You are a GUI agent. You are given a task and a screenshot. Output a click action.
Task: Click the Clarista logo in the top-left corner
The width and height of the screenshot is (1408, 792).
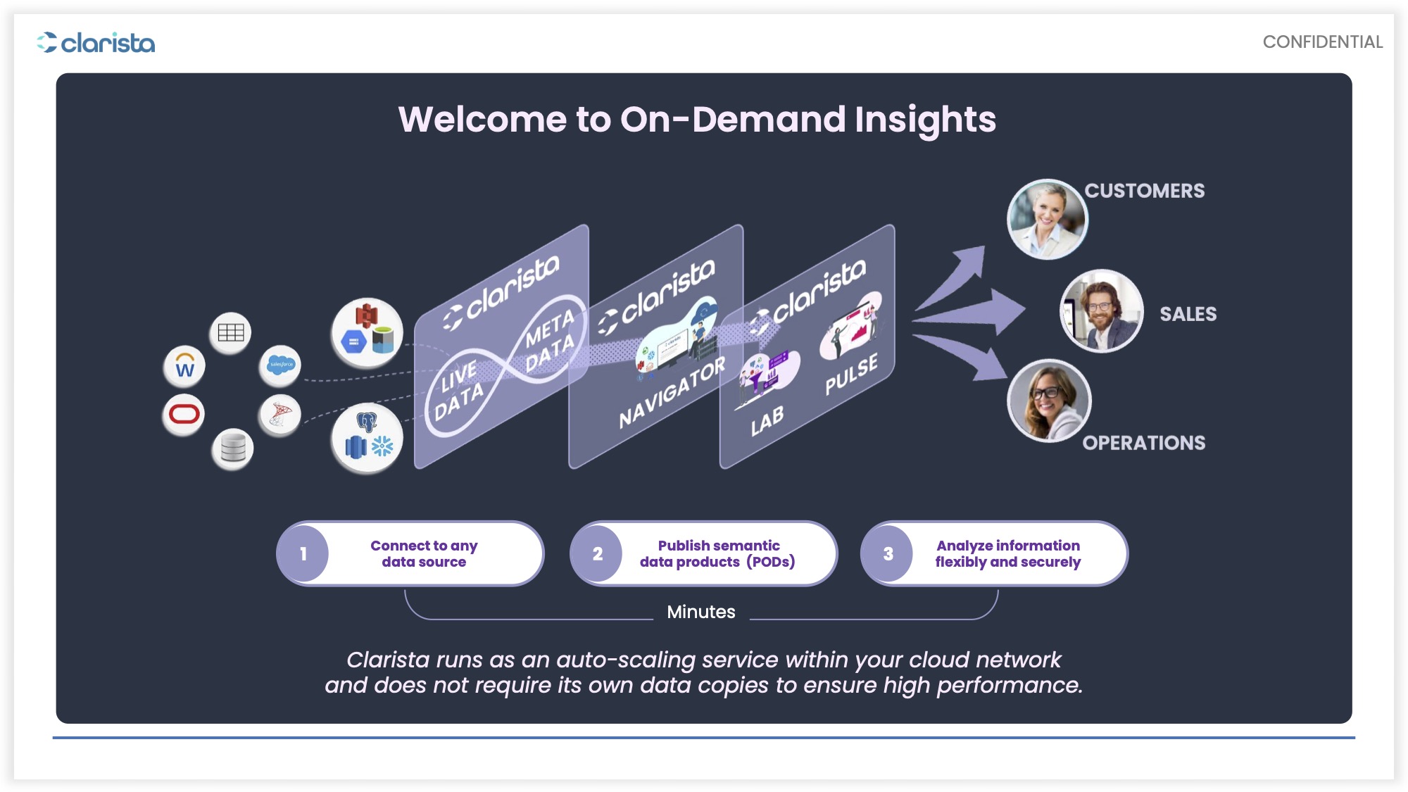click(x=96, y=43)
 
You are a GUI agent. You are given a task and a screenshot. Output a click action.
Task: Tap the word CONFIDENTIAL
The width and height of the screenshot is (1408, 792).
click(x=1323, y=42)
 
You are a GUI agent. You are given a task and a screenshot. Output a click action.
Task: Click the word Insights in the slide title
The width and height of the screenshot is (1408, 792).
click(x=925, y=120)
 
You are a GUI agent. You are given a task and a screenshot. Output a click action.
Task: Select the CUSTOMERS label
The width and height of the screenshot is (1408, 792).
click(x=1145, y=191)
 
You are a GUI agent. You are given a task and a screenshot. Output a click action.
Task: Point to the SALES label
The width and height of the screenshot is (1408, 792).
click(x=1188, y=314)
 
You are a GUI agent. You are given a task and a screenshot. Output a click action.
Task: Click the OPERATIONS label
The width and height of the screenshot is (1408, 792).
click(x=1144, y=443)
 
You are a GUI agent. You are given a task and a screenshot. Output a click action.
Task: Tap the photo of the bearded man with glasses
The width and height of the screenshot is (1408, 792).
click(x=1101, y=311)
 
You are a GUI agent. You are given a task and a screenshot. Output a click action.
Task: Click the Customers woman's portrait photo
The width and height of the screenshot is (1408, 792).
click(x=1048, y=219)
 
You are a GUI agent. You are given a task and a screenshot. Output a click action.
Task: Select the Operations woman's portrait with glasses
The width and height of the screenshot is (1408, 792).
click(x=1049, y=401)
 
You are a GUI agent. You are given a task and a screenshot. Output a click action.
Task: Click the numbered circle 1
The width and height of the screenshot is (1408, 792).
click(x=303, y=554)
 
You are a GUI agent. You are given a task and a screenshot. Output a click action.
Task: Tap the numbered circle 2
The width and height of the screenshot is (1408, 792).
click(x=597, y=554)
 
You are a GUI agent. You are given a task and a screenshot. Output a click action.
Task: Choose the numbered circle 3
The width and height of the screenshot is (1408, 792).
click(x=888, y=554)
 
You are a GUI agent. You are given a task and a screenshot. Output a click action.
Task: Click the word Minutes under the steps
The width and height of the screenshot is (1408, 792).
click(x=701, y=612)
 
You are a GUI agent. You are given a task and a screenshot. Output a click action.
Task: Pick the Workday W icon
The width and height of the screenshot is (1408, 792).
click(x=184, y=366)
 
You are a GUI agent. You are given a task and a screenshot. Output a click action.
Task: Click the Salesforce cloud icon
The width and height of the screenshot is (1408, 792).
click(x=280, y=365)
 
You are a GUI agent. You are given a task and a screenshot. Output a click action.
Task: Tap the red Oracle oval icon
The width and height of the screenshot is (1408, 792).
click(x=184, y=414)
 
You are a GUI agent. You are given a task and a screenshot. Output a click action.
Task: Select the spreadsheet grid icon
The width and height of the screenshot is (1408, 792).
click(x=230, y=332)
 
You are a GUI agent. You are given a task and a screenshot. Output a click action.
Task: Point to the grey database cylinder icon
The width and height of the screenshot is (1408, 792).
click(x=233, y=448)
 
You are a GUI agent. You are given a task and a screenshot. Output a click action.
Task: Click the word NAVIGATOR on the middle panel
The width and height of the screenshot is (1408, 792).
click(x=672, y=392)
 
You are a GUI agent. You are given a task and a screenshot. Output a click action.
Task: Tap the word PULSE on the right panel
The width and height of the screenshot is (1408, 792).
click(x=852, y=373)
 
